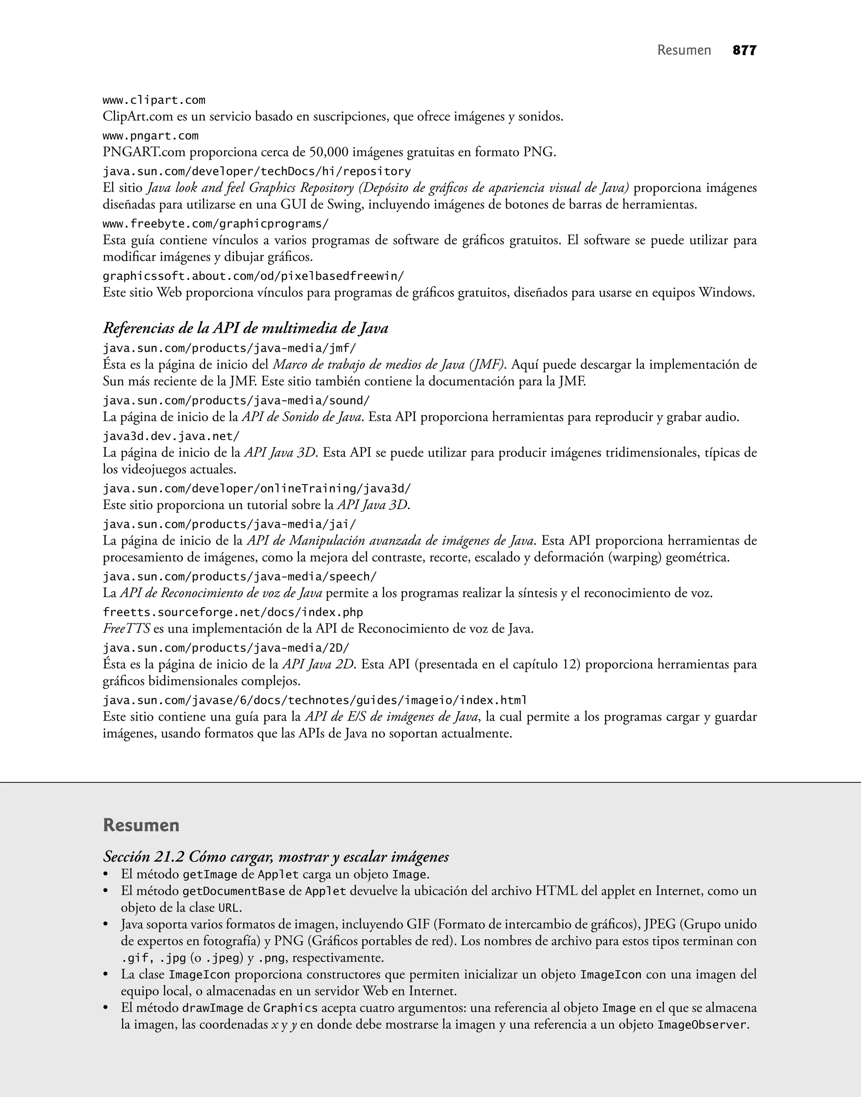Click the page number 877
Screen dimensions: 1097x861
click(x=744, y=50)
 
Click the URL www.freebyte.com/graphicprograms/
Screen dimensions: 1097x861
click(x=215, y=224)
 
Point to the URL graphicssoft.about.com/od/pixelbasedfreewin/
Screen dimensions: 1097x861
click(x=253, y=276)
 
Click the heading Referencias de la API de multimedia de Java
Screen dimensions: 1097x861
click(x=246, y=329)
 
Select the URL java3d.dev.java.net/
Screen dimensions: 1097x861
click(x=171, y=436)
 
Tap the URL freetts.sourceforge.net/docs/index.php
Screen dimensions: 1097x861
click(x=232, y=612)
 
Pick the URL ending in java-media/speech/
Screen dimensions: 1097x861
click(x=240, y=576)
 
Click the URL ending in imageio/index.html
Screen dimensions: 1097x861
click(x=314, y=700)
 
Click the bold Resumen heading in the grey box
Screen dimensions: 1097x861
click(x=141, y=825)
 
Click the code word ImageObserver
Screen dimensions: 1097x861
click(x=702, y=1024)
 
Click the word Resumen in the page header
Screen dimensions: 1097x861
click(x=684, y=50)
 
